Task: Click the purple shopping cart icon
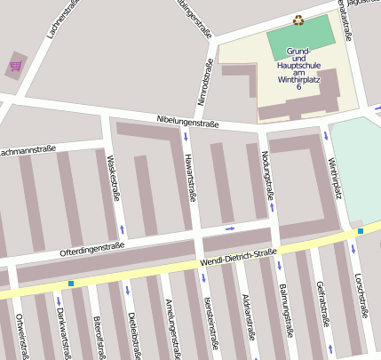pyautogui.click(x=16, y=65)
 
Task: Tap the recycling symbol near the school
pyautogui.click(x=298, y=20)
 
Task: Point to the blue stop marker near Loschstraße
pyautogui.click(x=361, y=231)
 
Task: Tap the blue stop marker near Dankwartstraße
pyautogui.click(x=71, y=284)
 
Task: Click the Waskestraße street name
pyautogui.click(x=113, y=179)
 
